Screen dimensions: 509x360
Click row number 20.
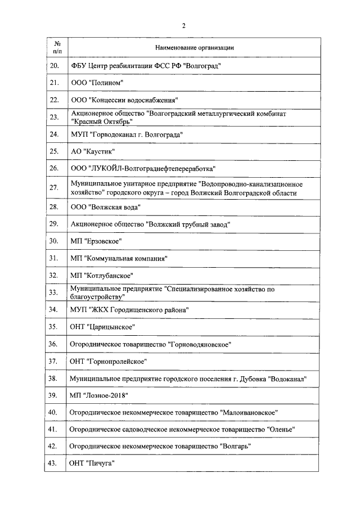click(x=55, y=66)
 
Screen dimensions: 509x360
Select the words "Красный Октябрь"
click(x=101, y=121)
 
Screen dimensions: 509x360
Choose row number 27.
click(x=55, y=188)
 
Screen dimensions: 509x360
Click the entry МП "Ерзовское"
click(x=96, y=241)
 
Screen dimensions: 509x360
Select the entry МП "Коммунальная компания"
click(x=119, y=259)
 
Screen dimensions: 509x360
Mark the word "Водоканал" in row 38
click(x=288, y=379)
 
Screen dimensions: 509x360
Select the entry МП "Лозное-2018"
click(x=99, y=396)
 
